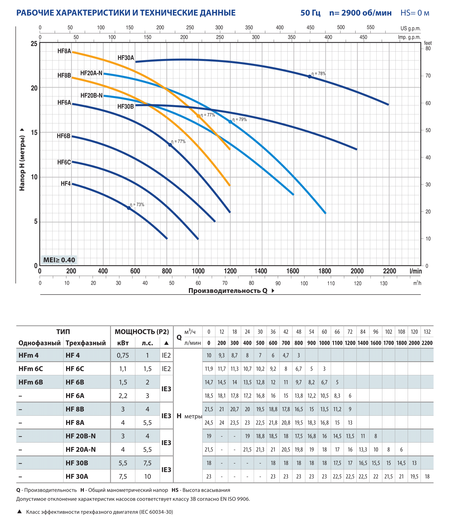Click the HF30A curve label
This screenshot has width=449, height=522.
click(126, 58)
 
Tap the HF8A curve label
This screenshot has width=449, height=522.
click(64, 51)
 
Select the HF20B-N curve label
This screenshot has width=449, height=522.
click(91, 95)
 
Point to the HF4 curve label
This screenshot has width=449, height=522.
click(66, 183)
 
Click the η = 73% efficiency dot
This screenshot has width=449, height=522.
click(129, 208)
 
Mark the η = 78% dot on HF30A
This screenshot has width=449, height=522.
click(310, 76)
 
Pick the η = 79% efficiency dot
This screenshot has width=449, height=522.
click(230, 122)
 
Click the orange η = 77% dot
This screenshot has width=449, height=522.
click(198, 116)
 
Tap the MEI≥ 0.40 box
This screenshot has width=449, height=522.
click(59, 260)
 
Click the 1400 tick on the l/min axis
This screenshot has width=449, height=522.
click(261, 271)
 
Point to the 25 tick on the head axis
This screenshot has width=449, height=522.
click(34, 44)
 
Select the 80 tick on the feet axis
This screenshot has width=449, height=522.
click(428, 48)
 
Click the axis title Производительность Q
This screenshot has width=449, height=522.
click(228, 291)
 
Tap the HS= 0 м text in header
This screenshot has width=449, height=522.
click(415, 13)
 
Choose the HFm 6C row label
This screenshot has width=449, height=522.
click(31, 369)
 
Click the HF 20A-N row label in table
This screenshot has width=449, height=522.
click(81, 449)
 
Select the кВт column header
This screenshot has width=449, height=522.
click(123, 343)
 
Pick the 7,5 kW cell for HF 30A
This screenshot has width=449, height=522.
click(123, 476)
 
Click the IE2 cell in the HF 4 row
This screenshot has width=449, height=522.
click(166, 355)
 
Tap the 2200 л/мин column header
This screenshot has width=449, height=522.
click(427, 343)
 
